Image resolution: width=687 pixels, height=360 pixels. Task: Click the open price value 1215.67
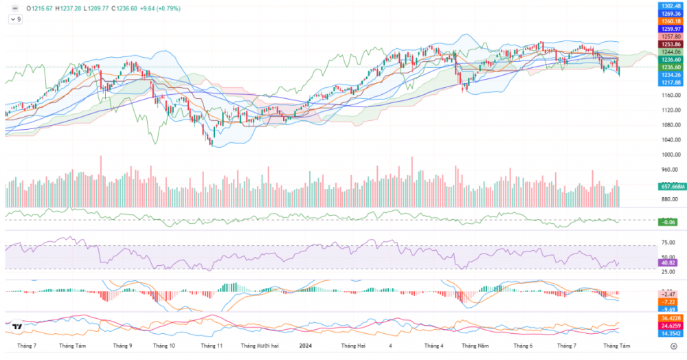(x=43, y=8)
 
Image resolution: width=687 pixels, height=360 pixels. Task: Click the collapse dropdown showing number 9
(x=15, y=19)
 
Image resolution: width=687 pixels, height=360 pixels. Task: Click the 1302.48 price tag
(x=670, y=6)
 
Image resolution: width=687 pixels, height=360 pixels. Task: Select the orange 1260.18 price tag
(x=670, y=21)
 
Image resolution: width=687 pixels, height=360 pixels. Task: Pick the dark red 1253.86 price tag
(x=670, y=44)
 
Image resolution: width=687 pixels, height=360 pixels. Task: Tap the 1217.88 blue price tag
(x=670, y=82)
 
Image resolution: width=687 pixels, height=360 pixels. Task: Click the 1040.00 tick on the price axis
(x=670, y=140)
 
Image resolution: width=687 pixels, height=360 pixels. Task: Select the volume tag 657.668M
(x=670, y=186)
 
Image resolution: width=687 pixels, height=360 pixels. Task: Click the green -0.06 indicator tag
(x=667, y=222)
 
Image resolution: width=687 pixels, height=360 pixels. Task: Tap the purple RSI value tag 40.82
(x=667, y=262)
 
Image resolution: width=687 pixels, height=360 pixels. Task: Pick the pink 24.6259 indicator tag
(x=670, y=326)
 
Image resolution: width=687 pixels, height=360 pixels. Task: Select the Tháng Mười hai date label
(x=258, y=346)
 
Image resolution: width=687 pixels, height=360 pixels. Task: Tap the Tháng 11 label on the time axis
(x=211, y=346)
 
